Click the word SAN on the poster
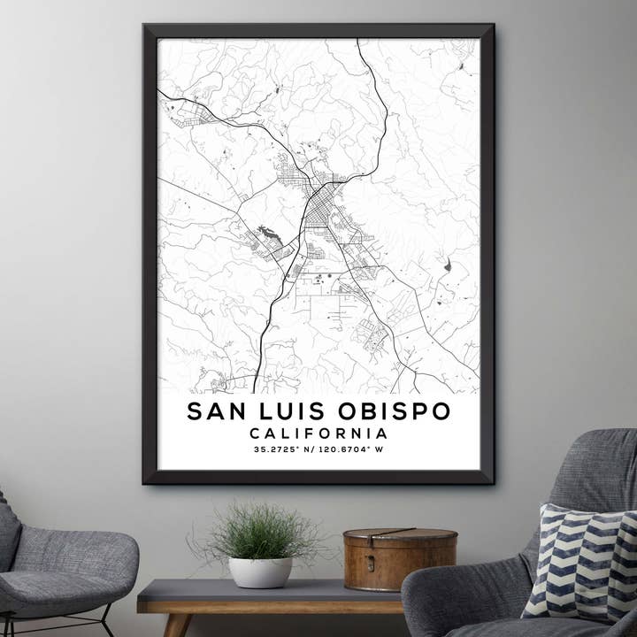click(x=216, y=411)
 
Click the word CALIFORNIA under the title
click(x=318, y=434)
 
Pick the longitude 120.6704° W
click(x=352, y=449)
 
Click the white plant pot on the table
click(x=260, y=572)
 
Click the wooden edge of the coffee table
click(x=265, y=607)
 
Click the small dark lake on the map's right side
click(x=447, y=265)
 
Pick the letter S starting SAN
click(x=195, y=411)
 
